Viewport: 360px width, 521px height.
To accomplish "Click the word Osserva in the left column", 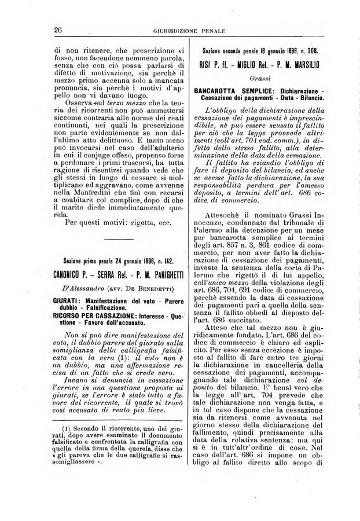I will click(x=75, y=102).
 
